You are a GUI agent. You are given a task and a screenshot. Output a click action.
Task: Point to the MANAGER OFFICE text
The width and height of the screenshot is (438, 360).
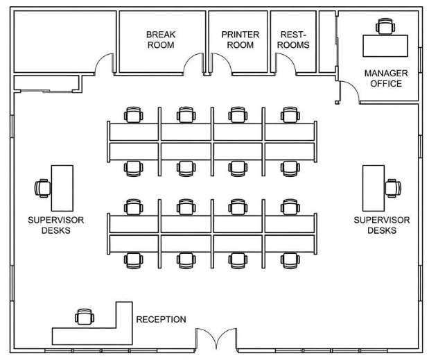pyautogui.click(x=386, y=78)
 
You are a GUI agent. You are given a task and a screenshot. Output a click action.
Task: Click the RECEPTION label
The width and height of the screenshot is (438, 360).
pyautogui.click(x=161, y=320)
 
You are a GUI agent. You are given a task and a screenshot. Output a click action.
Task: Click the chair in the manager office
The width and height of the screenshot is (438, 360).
pyautogui.click(x=384, y=27)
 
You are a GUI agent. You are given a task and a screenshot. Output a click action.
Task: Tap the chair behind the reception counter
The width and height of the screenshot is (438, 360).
pyautogui.click(x=84, y=316)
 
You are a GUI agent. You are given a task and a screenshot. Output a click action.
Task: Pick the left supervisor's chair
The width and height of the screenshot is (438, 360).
pyautogui.click(x=43, y=187)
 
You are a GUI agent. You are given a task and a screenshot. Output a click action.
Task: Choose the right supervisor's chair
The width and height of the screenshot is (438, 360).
pyautogui.click(x=393, y=187)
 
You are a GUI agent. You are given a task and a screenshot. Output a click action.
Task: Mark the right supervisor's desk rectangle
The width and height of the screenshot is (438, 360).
pyautogui.click(x=374, y=188)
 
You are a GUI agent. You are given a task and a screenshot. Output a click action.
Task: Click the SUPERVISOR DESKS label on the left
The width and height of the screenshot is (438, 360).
pyautogui.click(x=46, y=225)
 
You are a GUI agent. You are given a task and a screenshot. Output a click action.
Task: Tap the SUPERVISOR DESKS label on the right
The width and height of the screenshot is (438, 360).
pyautogui.click(x=382, y=225)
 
